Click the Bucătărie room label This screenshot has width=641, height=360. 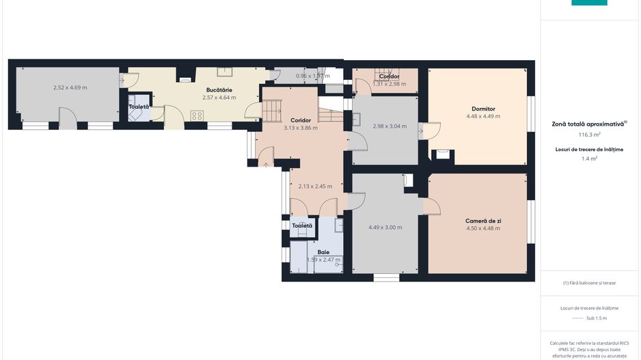pos(219,89)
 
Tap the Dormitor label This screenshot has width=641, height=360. pos(483,109)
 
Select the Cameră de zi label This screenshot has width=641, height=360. pos(483,221)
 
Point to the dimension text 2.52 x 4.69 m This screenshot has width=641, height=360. pos(70,87)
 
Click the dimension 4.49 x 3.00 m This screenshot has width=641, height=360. pos(385,227)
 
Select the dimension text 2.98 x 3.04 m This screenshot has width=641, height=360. pos(390,126)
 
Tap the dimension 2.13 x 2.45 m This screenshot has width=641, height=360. pos(315,186)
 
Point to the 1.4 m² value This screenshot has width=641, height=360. pos(589,158)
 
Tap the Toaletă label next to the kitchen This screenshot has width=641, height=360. pos(139,107)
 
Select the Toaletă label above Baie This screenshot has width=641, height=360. pos(302,225)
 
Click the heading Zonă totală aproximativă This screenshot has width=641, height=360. pos(589,124)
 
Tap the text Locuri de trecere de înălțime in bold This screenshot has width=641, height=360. pos(589,148)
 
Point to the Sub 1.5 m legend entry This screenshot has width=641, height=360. pos(597,318)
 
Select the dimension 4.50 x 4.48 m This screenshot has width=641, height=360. pos(483,228)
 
